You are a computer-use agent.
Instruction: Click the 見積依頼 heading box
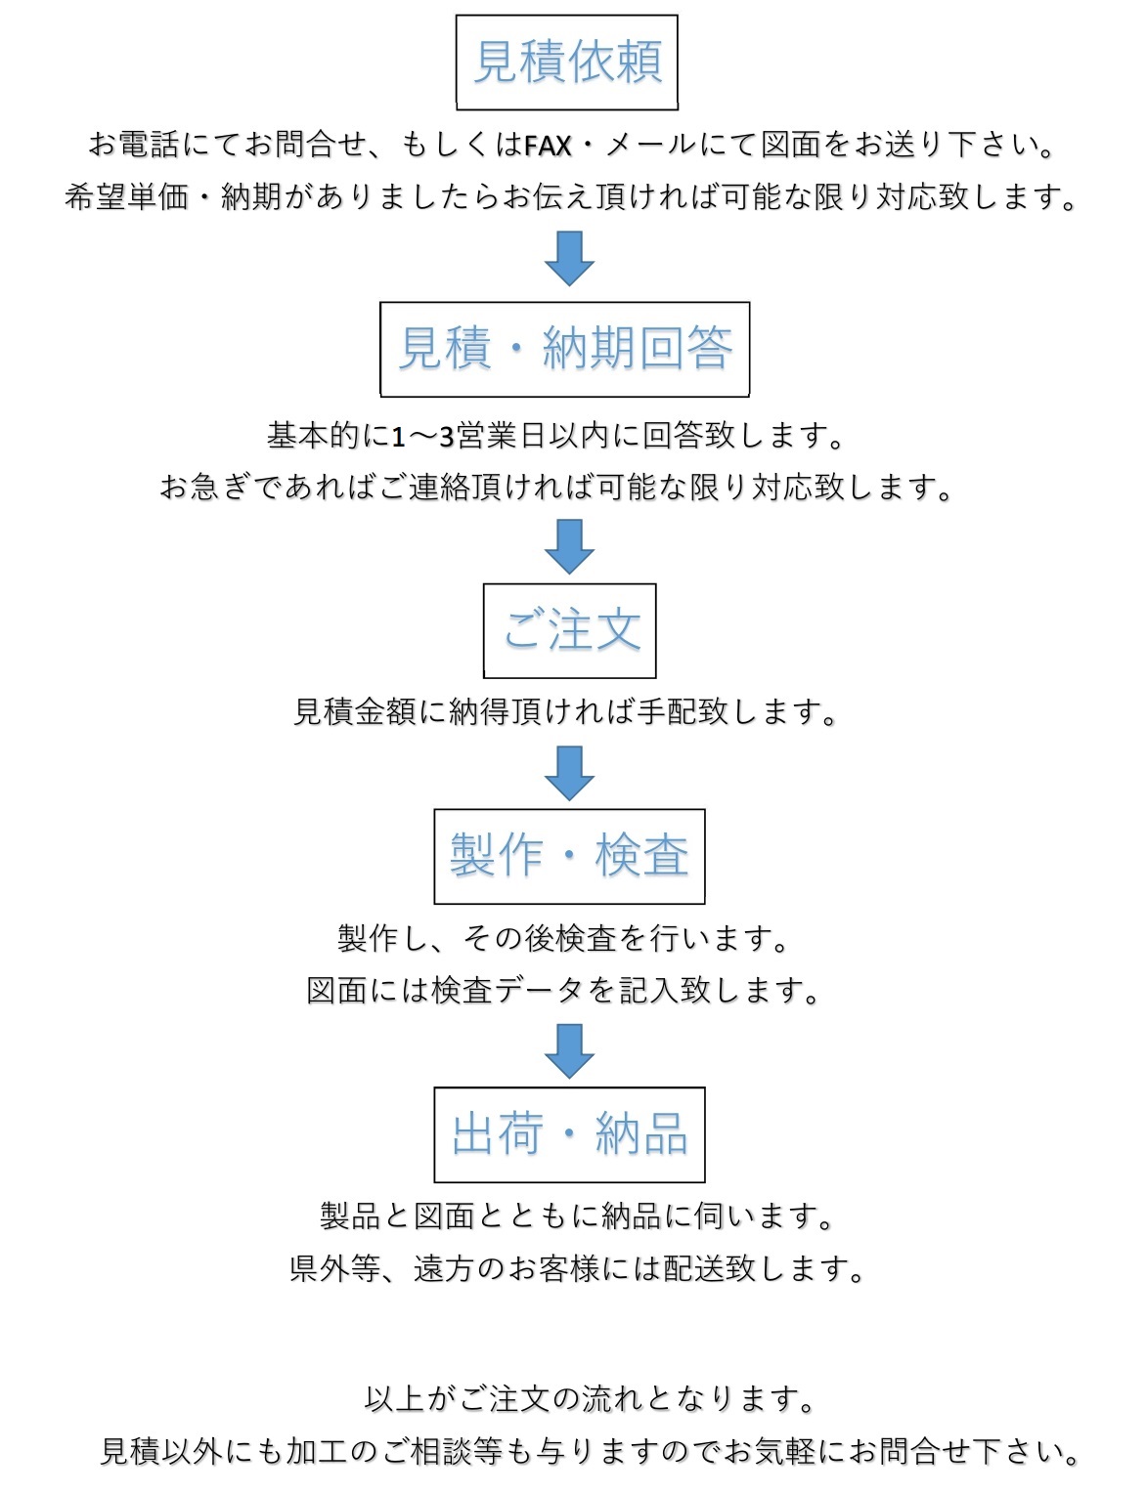click(567, 62)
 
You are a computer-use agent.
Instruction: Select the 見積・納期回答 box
click(564, 349)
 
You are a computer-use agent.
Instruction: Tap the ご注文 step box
click(569, 630)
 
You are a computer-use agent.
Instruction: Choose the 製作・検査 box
click(569, 856)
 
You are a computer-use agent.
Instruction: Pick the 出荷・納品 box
click(569, 1134)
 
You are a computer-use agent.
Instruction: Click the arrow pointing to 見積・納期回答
click(569, 258)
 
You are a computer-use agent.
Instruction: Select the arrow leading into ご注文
click(569, 545)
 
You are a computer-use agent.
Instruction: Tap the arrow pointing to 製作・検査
click(569, 772)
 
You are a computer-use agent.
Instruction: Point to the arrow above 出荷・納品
click(569, 1050)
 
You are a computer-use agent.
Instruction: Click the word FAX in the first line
click(548, 147)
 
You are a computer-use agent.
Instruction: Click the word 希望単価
click(126, 198)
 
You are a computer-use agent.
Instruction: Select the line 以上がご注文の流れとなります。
click(590, 1399)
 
